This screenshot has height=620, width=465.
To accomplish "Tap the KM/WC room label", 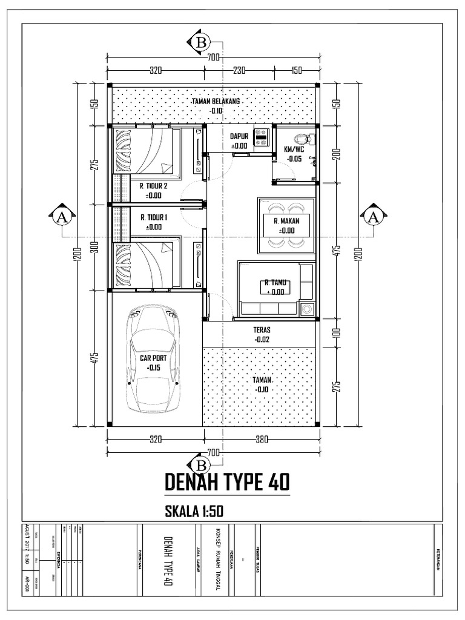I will (294, 150).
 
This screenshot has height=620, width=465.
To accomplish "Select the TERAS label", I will (262, 330).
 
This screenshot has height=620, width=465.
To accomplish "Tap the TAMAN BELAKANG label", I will (216, 102).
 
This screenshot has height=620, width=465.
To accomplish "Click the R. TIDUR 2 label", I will (153, 186).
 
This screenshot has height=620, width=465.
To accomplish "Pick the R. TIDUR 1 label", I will (154, 217).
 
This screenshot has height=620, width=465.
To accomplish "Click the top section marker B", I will (200, 42).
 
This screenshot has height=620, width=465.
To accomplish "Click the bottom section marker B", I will (200, 464).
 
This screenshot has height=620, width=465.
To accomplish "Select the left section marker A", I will (61, 217).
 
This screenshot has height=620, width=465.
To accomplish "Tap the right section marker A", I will (374, 217).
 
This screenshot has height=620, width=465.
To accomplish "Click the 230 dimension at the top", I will (240, 71).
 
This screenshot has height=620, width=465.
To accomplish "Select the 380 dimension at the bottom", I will (262, 440).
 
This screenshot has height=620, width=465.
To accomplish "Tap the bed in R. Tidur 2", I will (147, 152).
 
